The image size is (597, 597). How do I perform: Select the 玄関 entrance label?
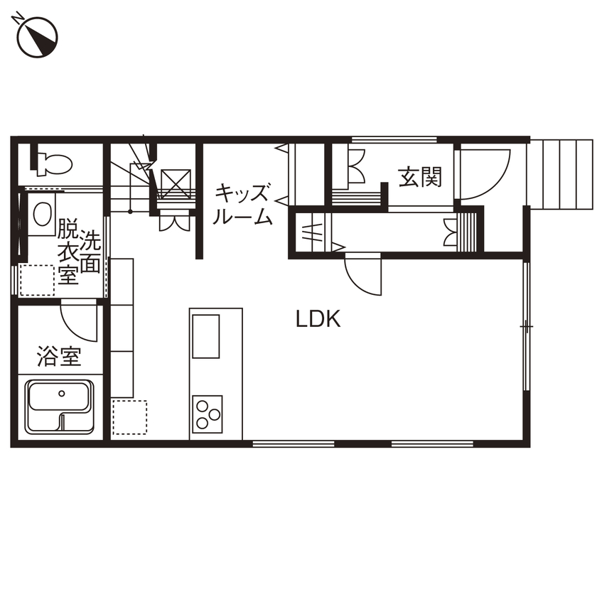[x=419, y=177]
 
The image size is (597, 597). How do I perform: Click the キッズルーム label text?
[x=243, y=205]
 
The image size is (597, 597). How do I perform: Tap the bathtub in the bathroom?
[x=60, y=406]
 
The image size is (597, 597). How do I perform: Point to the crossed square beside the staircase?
[x=175, y=184]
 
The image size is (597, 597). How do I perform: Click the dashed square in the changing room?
[x=36, y=280]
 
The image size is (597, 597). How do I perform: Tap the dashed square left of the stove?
[x=129, y=417]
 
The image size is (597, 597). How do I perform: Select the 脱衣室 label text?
[x=68, y=252]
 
